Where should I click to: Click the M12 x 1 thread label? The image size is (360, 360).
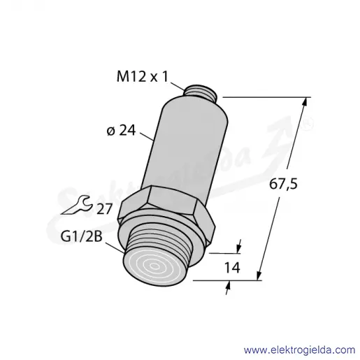142,76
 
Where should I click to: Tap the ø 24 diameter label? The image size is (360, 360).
121,131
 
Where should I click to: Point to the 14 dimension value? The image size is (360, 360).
232,268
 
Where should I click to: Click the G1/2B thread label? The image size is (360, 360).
81,237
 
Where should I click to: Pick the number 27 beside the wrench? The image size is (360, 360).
105,209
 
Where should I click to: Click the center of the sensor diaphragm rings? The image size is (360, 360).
154,266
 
